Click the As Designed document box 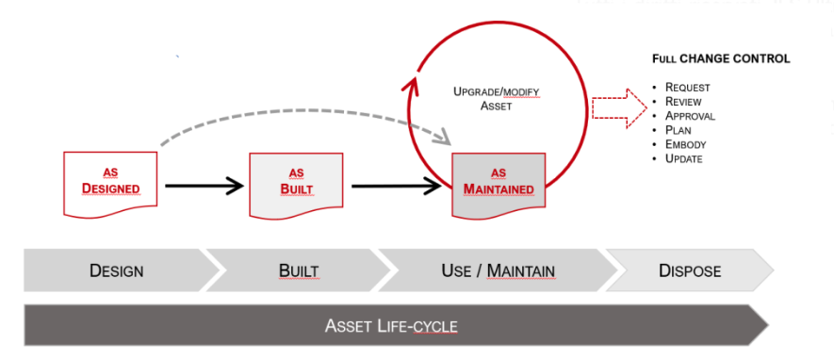(110, 184)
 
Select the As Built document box (296, 185)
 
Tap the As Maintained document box (499, 185)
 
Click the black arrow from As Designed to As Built (204, 186)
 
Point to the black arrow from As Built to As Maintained (396, 186)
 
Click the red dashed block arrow (619, 108)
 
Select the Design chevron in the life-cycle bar (117, 270)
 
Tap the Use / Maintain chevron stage (498, 270)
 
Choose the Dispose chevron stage (690, 270)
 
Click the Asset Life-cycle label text (391, 325)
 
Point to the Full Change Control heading (721, 58)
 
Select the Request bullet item (687, 88)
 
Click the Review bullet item (683, 101)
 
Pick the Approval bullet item (690, 115)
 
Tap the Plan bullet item (679, 130)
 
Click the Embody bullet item (686, 144)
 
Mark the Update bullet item (683, 158)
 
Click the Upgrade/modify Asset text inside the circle (497, 98)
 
